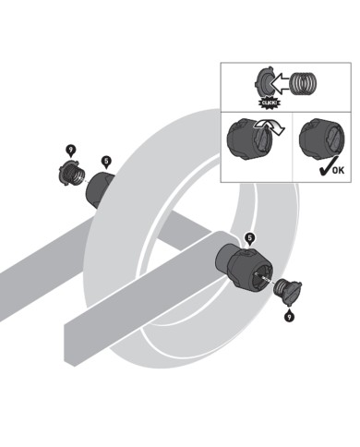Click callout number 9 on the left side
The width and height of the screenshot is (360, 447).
[x=70, y=149]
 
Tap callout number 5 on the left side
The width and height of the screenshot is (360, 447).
[x=107, y=161]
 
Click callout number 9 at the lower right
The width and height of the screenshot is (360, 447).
[x=289, y=317]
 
